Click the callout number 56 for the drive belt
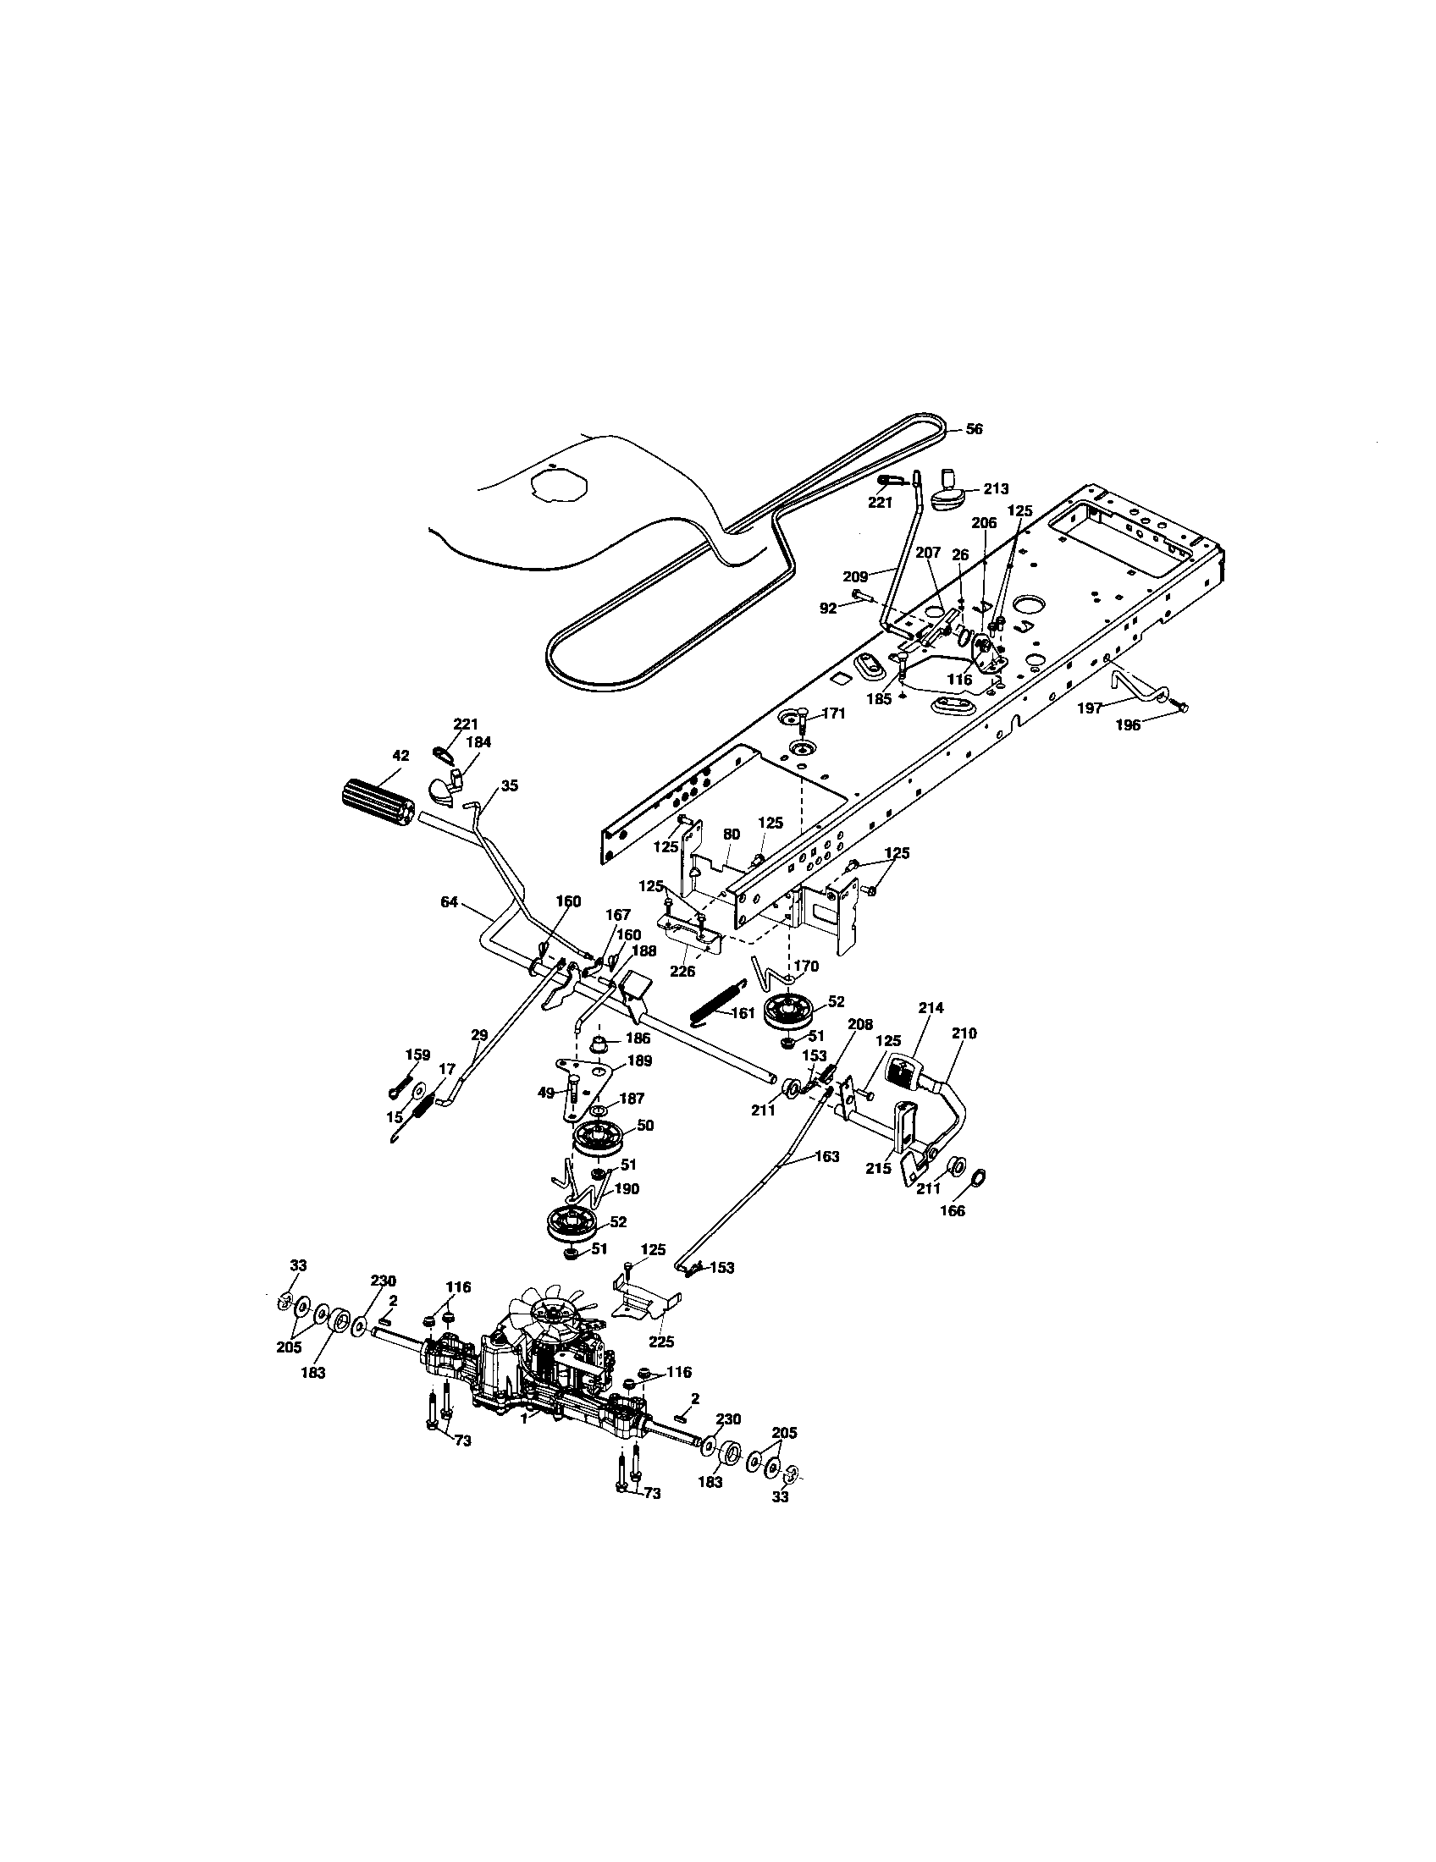point(973,430)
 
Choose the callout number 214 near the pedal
point(931,1008)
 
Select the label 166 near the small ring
point(952,1210)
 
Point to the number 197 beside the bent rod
point(1090,707)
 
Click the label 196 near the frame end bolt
point(1129,725)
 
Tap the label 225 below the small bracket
point(661,1341)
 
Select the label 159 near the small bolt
point(417,1054)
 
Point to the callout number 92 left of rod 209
point(827,609)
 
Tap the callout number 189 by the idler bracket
point(639,1060)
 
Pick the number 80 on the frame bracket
point(731,835)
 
